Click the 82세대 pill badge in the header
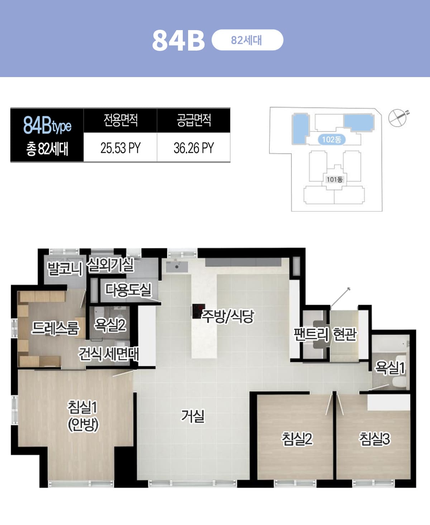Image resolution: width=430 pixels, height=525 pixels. pyautogui.click(x=247, y=40)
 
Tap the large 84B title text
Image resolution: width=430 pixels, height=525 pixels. pyautogui.click(x=178, y=41)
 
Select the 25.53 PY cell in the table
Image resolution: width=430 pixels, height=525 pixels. pyautogui.click(x=120, y=148)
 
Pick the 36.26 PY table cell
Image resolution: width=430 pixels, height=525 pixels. pyautogui.click(x=194, y=148)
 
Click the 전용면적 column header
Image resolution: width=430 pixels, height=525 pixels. pyautogui.click(x=120, y=120)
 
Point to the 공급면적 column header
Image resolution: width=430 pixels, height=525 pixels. pyautogui.click(x=194, y=120)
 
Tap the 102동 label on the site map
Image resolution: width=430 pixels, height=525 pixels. pyautogui.click(x=332, y=139)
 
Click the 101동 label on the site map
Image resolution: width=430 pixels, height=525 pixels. pyautogui.click(x=334, y=179)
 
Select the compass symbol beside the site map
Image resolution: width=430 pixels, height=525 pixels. pyautogui.click(x=398, y=118)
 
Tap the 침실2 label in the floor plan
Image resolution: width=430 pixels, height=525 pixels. pyautogui.click(x=297, y=439)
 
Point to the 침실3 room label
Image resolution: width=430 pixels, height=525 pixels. pyautogui.click(x=375, y=439)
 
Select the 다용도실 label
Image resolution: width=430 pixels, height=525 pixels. pyautogui.click(x=128, y=290)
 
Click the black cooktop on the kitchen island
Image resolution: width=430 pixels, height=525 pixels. pyautogui.click(x=198, y=311)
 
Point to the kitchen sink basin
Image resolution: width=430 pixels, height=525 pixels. pyautogui.click(x=177, y=267)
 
